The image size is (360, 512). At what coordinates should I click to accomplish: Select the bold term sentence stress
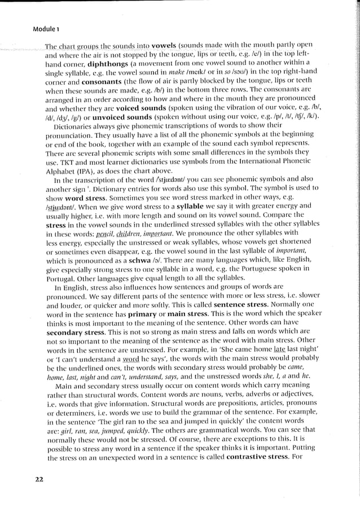(x=242, y=304)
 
